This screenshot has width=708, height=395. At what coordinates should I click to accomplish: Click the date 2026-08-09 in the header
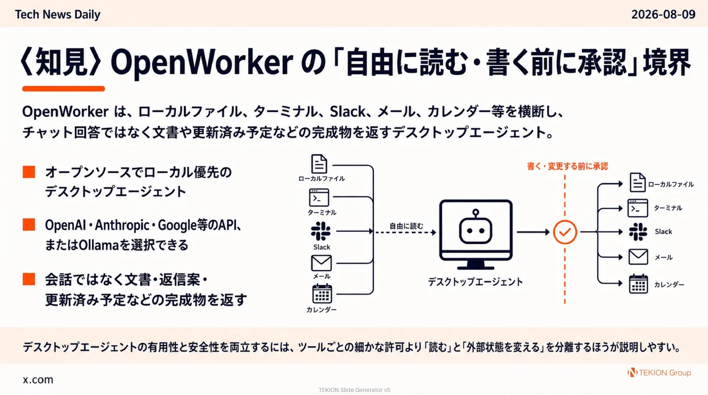663,15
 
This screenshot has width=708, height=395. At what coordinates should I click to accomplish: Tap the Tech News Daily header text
58,15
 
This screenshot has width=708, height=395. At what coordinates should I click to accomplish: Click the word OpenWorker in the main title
202,63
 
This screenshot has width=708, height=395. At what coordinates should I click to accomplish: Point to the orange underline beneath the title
64,89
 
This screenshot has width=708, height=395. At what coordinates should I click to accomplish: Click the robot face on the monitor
476,227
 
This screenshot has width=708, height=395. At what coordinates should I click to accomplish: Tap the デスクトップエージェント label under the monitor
475,282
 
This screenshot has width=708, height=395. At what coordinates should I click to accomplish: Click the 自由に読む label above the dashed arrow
406,226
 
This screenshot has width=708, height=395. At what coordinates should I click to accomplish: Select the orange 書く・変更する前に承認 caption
567,166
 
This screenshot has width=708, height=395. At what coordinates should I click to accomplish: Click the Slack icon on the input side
321,231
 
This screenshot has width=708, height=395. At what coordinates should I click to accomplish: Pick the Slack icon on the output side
638,232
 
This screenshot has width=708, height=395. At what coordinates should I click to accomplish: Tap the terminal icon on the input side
319,197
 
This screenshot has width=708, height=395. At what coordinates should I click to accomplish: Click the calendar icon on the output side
638,284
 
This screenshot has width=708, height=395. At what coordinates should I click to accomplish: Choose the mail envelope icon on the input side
322,263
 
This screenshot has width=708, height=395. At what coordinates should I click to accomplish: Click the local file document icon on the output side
637,182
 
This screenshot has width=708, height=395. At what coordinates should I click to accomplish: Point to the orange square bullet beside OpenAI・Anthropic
29,225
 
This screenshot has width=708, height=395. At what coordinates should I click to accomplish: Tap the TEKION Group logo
659,373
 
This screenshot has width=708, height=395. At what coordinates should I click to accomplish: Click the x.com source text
38,379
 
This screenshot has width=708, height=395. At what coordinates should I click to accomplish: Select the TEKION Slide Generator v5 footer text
355,390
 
